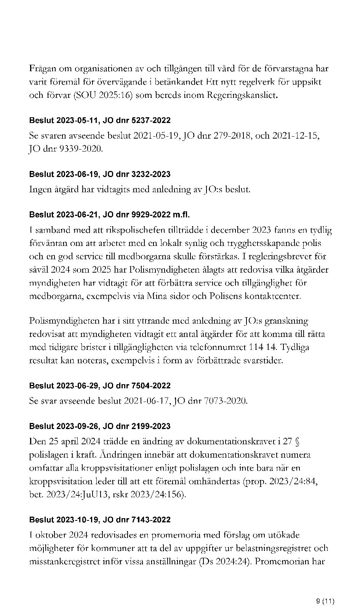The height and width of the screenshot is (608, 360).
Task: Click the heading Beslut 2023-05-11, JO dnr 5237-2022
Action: pos(100,121)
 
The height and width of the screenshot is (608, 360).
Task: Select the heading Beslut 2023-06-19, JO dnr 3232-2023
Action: pos(100,174)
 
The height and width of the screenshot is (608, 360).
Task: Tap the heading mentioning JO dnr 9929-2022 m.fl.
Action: pos(109,215)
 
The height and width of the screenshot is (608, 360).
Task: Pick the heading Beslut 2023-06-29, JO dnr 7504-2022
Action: pos(100,386)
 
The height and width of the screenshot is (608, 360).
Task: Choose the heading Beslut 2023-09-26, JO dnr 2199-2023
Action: pos(100,426)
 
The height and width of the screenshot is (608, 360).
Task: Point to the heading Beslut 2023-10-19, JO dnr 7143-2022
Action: pos(100,520)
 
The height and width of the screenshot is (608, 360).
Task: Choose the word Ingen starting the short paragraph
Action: pos(40,189)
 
